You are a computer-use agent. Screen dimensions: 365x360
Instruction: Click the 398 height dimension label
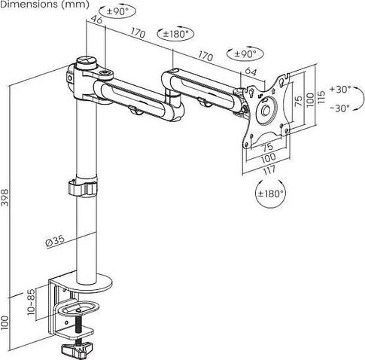pos(5,197)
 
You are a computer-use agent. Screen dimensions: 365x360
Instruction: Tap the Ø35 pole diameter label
pos(55,241)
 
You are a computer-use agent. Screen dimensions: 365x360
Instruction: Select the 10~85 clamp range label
pos(31,302)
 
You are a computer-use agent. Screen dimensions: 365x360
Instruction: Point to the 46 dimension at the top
pos(96,19)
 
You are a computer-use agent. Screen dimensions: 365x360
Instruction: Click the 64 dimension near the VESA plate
pos(251,72)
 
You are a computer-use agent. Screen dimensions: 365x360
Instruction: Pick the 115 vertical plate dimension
pos(321,97)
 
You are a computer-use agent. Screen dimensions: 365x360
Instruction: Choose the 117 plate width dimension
pos(269,170)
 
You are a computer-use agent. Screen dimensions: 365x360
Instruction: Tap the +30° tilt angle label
pos(340,89)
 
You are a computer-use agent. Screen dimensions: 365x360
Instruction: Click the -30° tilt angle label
pos(340,108)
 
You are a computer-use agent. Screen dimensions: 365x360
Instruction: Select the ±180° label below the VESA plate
pos(270,194)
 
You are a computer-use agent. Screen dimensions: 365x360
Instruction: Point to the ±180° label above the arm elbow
pos(175,34)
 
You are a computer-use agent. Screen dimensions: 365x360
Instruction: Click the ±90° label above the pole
pos(117,11)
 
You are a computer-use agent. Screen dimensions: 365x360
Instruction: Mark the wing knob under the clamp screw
pos(77,349)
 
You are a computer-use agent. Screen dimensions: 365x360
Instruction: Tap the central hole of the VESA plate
pos(265,111)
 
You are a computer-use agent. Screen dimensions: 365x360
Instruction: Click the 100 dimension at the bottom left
pos(5,323)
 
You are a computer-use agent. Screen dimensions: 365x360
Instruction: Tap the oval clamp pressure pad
pos(78,309)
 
